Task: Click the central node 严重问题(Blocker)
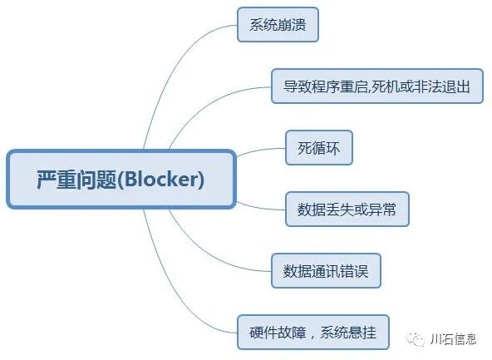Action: (x=121, y=180)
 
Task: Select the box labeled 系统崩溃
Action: (x=278, y=25)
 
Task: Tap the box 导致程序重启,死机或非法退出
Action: (x=377, y=86)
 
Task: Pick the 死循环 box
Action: (x=318, y=148)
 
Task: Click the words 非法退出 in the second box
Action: (x=443, y=86)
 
